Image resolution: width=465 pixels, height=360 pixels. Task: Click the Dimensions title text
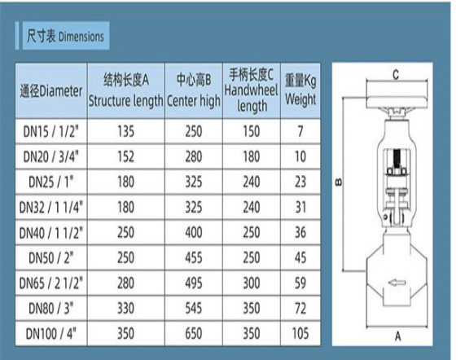(x=65, y=36)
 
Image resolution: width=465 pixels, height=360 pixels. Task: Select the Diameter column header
(x=51, y=91)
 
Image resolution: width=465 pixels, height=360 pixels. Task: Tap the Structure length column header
(x=126, y=90)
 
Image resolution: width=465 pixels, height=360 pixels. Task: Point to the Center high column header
(x=194, y=90)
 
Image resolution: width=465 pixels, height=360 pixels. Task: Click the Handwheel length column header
(x=252, y=90)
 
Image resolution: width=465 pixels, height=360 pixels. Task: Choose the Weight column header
(x=300, y=90)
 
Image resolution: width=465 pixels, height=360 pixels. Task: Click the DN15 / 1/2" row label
(x=51, y=131)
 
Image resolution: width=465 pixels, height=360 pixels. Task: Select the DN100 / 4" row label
(x=51, y=334)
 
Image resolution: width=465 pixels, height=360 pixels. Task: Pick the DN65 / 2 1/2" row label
(x=51, y=283)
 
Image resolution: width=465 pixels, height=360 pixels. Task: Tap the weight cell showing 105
(x=300, y=334)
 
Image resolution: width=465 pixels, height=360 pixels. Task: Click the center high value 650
(x=194, y=334)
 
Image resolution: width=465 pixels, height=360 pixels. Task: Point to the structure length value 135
(x=126, y=131)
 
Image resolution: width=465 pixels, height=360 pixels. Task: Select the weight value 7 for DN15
(x=300, y=131)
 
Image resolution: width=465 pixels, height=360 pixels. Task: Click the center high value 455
(x=194, y=257)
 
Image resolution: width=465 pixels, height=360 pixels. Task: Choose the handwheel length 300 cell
(x=252, y=283)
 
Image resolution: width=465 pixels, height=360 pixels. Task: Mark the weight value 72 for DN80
(x=300, y=309)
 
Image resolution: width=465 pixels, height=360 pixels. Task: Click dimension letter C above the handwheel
(x=396, y=74)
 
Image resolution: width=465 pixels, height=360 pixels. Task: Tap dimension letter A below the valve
(x=397, y=336)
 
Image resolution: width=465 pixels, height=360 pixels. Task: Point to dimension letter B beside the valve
(x=339, y=182)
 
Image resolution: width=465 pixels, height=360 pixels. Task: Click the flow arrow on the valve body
(x=397, y=283)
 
